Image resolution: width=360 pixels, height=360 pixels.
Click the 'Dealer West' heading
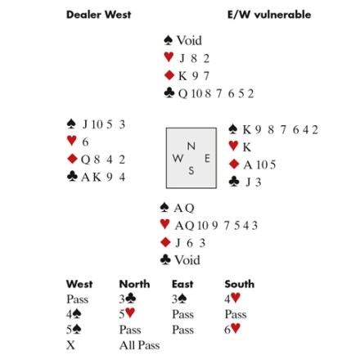click(99, 15)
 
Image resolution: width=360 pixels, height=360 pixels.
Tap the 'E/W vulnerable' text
click(269, 15)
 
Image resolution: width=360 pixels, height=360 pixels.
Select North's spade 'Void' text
click(189, 41)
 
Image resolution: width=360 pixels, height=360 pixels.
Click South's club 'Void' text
click(187, 260)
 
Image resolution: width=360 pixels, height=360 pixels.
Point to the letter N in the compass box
click(191, 146)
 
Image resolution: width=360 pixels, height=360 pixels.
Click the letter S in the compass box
click(191, 171)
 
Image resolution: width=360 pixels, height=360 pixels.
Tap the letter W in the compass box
click(178, 158)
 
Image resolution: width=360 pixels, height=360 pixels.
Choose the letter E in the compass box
click(207, 158)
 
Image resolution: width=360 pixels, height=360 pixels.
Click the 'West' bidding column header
click(79, 284)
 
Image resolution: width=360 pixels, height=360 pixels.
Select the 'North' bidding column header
click(134, 284)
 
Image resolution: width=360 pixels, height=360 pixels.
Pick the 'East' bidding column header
click(182, 284)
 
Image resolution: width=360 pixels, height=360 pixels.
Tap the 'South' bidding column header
click(240, 284)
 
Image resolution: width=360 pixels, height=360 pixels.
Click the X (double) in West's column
click(70, 345)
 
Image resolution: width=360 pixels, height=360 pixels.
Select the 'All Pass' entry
click(139, 345)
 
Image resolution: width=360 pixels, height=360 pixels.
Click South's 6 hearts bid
click(232, 329)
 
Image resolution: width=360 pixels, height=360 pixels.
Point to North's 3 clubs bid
click(128, 299)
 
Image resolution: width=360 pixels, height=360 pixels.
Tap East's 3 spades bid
click(179, 299)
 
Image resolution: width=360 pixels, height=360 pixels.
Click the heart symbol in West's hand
click(71, 141)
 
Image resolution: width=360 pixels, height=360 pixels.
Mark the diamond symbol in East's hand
click(234, 164)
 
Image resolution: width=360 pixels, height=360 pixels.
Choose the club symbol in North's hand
click(169, 93)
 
